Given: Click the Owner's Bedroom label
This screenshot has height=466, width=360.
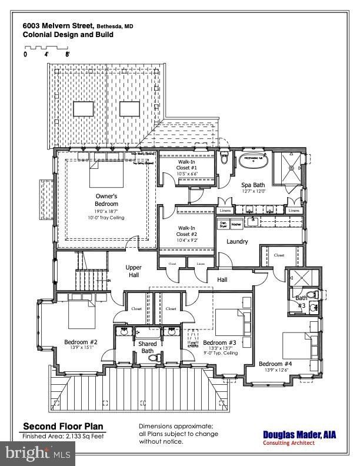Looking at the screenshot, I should [x=107, y=200].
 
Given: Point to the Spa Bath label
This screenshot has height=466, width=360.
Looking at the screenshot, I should [x=254, y=186].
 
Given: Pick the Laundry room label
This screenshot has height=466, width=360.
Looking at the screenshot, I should [x=237, y=241].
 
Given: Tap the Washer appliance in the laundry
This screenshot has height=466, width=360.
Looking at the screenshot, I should [x=236, y=224].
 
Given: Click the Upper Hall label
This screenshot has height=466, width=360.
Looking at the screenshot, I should [x=134, y=271].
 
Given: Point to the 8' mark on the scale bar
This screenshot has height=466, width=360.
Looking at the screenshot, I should [x=68, y=54].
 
